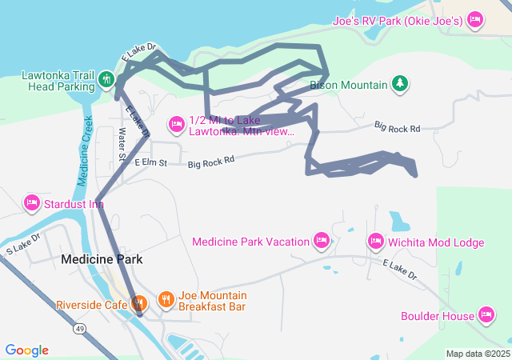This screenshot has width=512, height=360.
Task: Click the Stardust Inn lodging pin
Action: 32,203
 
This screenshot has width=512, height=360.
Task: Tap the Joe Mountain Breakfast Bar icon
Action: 166,300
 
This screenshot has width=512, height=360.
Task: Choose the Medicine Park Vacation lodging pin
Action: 321,241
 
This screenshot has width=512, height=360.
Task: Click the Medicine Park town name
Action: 102,259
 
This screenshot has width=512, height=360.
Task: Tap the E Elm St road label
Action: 150,163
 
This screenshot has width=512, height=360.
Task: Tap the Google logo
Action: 27,350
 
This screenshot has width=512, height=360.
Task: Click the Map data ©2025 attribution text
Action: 478,354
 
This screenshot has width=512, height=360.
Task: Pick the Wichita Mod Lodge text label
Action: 436,242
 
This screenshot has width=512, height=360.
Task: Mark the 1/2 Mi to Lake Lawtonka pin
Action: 177,123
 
